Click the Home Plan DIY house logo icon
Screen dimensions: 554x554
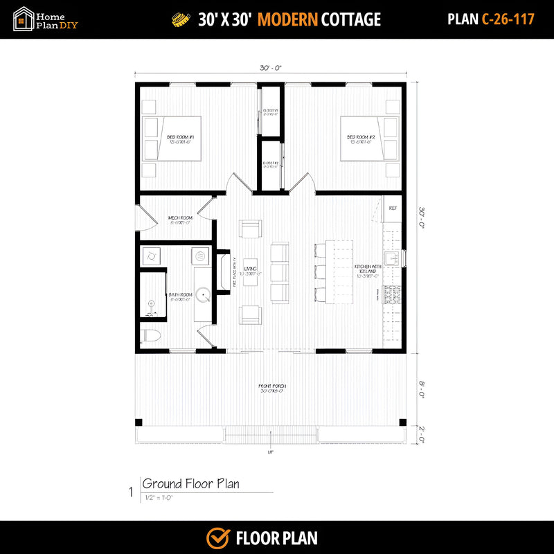tap(24, 19)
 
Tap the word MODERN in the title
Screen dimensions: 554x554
tap(287, 19)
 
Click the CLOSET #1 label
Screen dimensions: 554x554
tap(270, 111)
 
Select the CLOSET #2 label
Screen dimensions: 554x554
tap(270, 165)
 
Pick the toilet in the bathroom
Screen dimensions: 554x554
tap(150, 337)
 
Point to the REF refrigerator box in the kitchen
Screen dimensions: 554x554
tap(392, 208)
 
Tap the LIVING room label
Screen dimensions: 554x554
tap(250, 270)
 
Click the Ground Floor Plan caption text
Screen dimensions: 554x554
tap(190, 484)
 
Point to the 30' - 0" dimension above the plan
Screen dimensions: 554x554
tap(271, 68)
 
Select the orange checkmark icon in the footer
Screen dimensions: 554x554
tap(219, 537)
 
